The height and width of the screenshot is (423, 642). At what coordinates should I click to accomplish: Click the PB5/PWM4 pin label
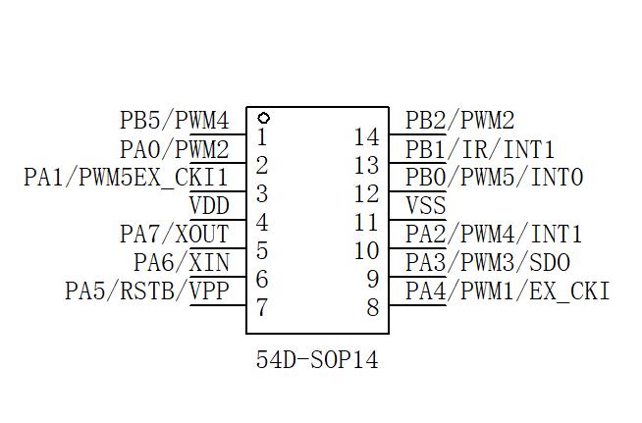[x=174, y=121]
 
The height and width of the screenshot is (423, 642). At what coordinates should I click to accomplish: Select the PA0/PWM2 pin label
[x=174, y=150]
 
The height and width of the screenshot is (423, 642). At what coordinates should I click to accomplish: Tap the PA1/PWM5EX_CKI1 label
[x=126, y=178]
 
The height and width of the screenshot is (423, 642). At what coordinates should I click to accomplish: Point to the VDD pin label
[x=208, y=206]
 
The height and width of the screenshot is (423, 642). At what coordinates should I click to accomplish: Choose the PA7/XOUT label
[x=174, y=235]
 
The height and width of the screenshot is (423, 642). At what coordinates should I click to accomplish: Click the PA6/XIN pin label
[x=181, y=263]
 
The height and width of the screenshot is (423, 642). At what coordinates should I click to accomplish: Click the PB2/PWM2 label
[x=459, y=121]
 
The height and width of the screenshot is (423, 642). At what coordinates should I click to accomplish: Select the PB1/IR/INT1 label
[x=480, y=150]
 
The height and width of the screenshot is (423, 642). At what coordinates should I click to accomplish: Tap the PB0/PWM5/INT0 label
[x=494, y=178]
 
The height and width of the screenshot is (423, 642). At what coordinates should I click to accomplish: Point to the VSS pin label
[x=425, y=206]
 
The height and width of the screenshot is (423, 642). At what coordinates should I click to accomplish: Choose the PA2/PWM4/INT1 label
[x=494, y=235]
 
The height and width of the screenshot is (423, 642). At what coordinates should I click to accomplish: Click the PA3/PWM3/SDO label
[x=487, y=263]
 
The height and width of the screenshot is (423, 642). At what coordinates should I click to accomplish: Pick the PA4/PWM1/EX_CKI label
[x=508, y=291]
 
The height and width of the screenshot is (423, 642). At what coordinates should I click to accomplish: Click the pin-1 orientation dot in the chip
[x=264, y=118]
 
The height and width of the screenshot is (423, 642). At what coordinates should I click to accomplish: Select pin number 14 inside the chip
[x=366, y=137]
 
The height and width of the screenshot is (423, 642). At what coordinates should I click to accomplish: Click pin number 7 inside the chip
[x=262, y=307]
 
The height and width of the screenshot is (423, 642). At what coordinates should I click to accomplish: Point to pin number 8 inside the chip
[x=372, y=307]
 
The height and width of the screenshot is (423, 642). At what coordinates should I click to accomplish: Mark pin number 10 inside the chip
[x=366, y=251]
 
